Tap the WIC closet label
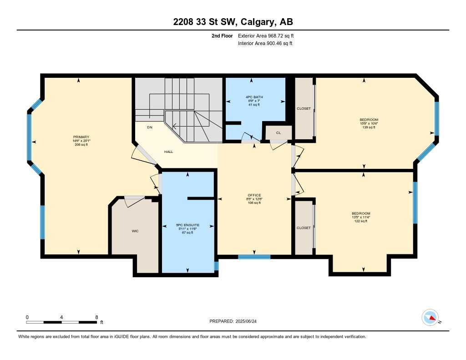(x=135, y=231)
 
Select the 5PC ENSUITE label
(x=188, y=225)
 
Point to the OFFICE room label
(x=254, y=195)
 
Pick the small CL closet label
(x=279, y=133)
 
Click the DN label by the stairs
(x=149, y=127)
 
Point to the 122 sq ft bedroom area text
(x=360, y=221)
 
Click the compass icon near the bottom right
(x=430, y=317)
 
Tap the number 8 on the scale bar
(x=96, y=317)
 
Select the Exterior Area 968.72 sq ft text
(x=269, y=35)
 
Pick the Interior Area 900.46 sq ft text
(x=265, y=44)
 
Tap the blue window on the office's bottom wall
(x=254, y=257)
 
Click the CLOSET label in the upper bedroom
(x=304, y=109)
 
